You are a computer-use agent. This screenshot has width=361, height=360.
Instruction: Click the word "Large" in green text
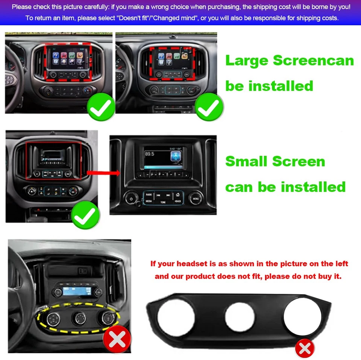246,61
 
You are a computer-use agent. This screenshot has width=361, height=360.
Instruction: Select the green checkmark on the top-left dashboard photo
101,108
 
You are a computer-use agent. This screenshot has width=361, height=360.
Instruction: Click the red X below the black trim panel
304,349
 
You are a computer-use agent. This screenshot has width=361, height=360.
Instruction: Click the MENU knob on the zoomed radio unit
196,197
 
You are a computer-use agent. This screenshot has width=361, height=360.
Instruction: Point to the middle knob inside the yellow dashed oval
80,319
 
